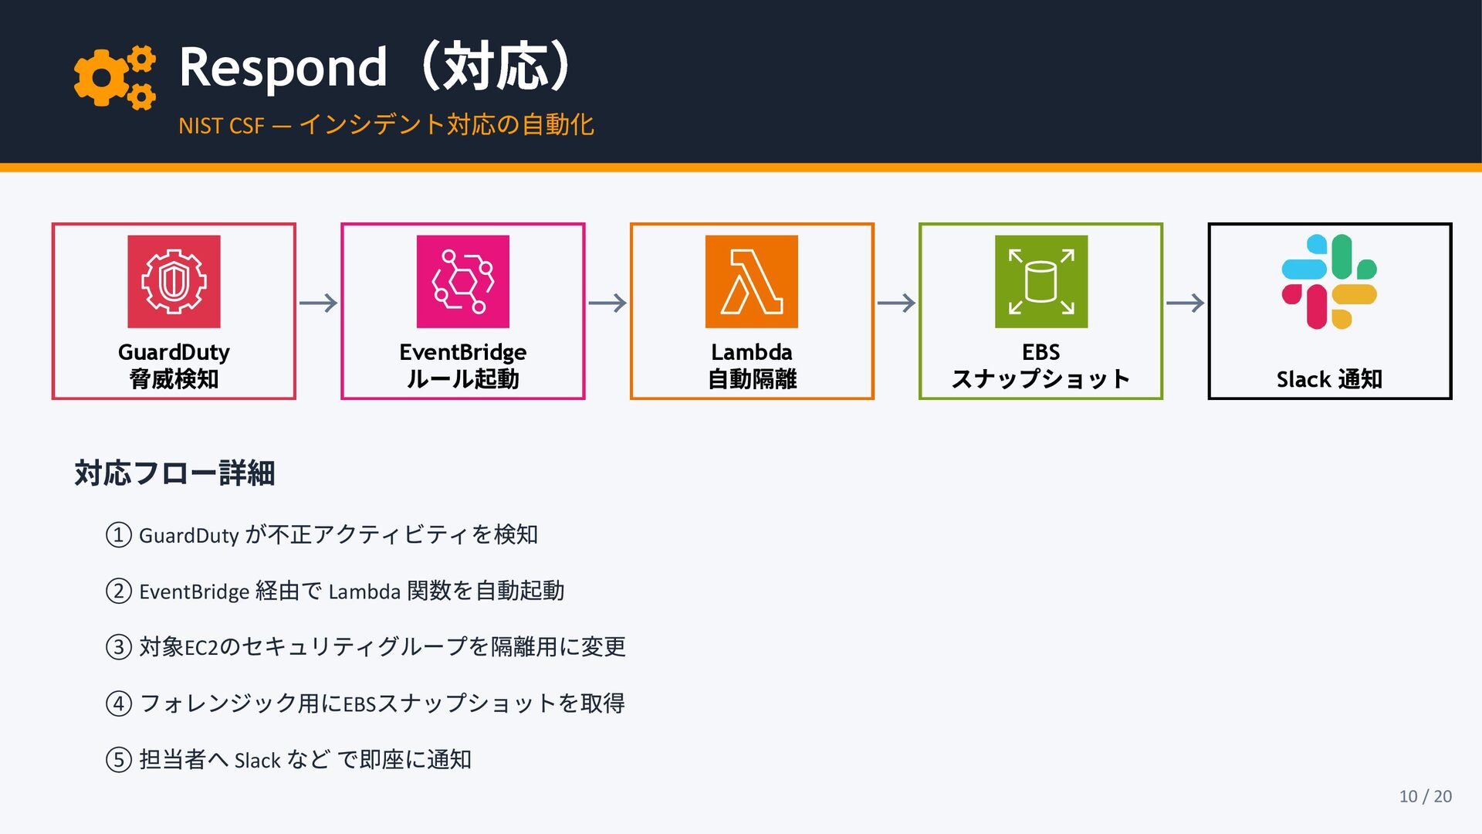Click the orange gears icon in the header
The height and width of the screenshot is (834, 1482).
point(114,77)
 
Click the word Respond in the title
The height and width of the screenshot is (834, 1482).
point(283,68)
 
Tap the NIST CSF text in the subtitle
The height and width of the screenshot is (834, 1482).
point(221,126)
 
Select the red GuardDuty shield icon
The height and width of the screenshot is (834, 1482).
point(174,282)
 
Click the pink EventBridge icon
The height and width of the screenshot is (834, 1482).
point(462,282)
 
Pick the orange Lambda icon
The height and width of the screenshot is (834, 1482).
point(751,282)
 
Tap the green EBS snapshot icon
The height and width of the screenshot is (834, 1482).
point(1040,282)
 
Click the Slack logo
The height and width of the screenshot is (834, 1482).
point(1329,282)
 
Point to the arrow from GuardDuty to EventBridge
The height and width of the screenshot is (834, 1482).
point(318,303)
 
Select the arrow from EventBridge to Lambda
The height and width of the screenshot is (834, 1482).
point(607,303)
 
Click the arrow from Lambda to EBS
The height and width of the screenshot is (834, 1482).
point(896,303)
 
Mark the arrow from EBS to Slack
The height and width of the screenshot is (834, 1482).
point(1185,303)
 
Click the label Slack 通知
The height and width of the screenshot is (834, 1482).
point(1329,379)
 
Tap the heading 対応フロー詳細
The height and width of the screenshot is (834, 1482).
point(174,473)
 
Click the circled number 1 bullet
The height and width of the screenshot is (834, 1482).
point(119,535)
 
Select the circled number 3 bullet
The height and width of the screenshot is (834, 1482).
point(119,647)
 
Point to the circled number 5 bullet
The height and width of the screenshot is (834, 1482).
point(119,760)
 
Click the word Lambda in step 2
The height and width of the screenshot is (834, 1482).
point(364,592)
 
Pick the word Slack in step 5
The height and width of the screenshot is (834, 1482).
point(257,761)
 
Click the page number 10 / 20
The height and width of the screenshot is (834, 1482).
point(1425,796)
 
